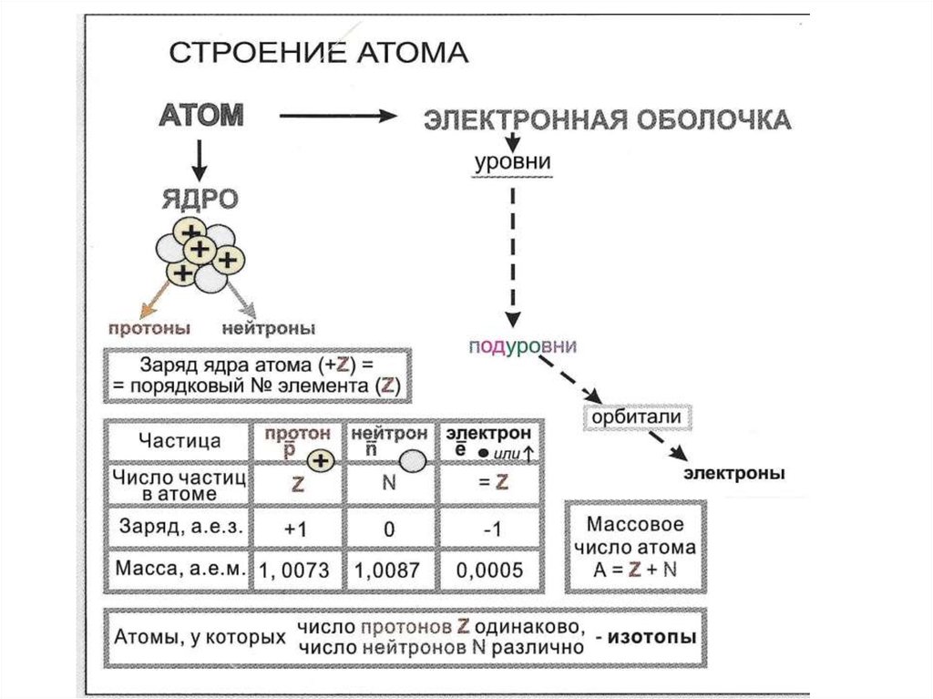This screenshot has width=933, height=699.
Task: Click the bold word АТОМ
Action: (201, 116)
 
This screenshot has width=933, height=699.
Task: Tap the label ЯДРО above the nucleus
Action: (200, 199)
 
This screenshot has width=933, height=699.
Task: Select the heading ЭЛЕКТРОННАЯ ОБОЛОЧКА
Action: (607, 119)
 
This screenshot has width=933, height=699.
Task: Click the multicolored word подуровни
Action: (523, 347)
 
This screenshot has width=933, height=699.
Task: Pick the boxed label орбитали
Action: (637, 416)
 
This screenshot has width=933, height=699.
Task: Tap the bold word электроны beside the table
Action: (735, 474)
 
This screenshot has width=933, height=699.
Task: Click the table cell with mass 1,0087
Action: (387, 571)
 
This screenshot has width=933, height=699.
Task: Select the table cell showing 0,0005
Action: (490, 571)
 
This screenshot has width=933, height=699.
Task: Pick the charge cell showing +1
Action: (297, 528)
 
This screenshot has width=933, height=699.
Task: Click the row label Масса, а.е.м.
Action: (180, 569)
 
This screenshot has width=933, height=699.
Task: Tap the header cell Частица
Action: (179, 441)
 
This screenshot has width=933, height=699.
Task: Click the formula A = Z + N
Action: (635, 570)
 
